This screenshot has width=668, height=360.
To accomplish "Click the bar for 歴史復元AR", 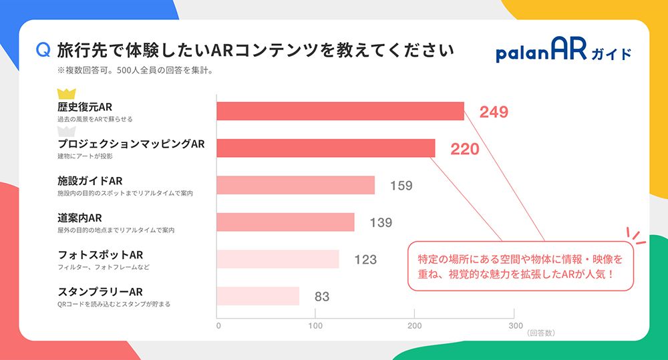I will pyautogui.click(x=340, y=111).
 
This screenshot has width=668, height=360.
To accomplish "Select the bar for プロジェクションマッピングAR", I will pyautogui.click(x=325, y=148).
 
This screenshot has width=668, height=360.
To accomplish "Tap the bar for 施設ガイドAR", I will pyautogui.click(x=295, y=185).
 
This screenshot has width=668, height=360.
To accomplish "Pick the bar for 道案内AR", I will pyautogui.click(x=285, y=222).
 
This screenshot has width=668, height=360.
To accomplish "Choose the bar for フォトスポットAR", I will pyautogui.click(x=277, y=258).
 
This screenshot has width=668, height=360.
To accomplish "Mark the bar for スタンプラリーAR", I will pyautogui.click(x=258, y=296).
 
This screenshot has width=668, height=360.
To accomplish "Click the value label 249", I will pyautogui.click(x=494, y=112).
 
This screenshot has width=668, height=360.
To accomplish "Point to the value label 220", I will pyautogui.click(x=465, y=149).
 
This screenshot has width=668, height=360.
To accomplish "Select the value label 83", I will pyautogui.click(x=322, y=297).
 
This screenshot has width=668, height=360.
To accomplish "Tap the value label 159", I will pyautogui.click(x=401, y=186).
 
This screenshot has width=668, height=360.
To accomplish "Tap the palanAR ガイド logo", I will pyautogui.click(x=563, y=51).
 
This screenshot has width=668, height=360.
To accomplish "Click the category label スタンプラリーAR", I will pyautogui.click(x=100, y=292).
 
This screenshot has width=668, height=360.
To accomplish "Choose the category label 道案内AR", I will pyautogui.click(x=79, y=218).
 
